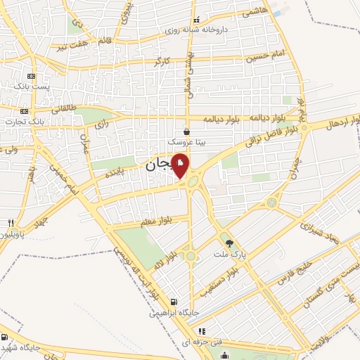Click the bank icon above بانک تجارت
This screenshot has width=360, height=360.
(x=25, y=111)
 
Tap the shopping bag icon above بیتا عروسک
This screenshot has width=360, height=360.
(x=186, y=131)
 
